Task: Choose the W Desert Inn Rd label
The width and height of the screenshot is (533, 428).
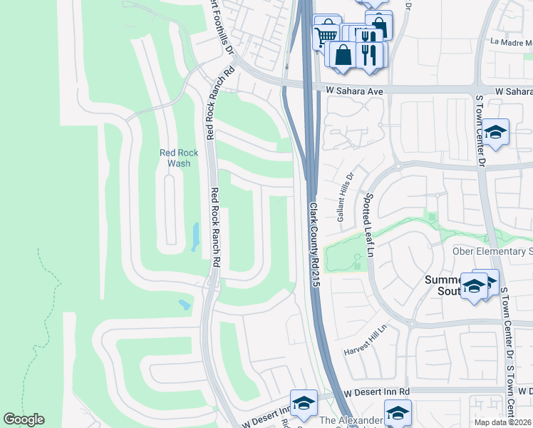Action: coord(376,392)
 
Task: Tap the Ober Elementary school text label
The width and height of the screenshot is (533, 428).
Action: coord(492,252)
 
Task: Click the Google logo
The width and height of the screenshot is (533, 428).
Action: coord(24,419)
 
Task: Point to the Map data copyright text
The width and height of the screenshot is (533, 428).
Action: coord(503,422)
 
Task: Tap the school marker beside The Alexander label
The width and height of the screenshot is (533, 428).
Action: coord(397,412)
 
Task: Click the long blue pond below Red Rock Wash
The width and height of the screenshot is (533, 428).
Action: coord(195,237)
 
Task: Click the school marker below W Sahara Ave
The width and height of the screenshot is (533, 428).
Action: coord(495,132)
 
